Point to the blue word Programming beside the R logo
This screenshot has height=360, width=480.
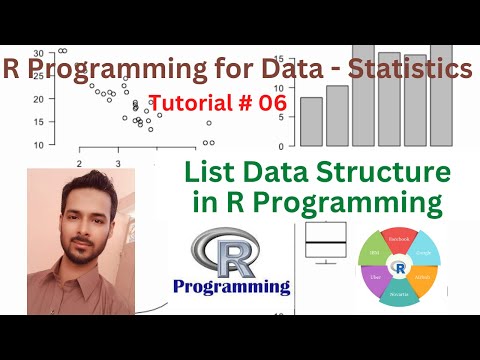pyautogui.click(x=231, y=287)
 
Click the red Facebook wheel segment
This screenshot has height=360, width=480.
pyautogui.click(x=400, y=240)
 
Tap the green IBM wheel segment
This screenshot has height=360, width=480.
pyautogui.click(x=374, y=254)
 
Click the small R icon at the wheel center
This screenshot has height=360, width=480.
pyautogui.click(x=400, y=268)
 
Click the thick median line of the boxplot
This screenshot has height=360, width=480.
pyautogui.click(x=325, y=243)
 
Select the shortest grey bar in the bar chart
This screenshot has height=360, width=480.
pyautogui.click(x=311, y=121)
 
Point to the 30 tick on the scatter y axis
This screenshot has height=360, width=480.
pyautogui.click(x=37, y=53)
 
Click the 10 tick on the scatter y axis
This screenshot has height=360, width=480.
pyautogui.click(x=37, y=145)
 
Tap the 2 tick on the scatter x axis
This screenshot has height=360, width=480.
pyautogui.click(x=78, y=162)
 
